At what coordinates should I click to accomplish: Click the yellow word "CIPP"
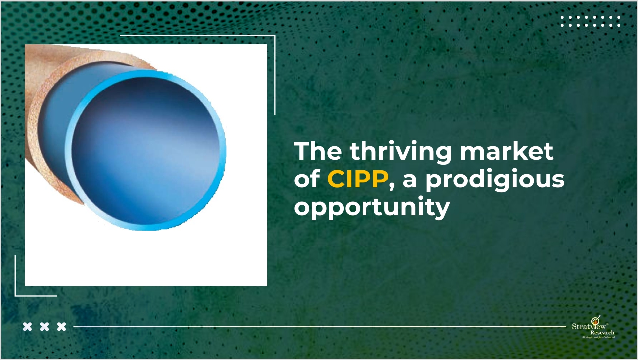pos(357,180)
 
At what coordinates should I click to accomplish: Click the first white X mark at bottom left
pos(28,327)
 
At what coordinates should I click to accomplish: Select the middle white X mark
pos(44,327)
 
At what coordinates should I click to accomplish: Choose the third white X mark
pos(61,327)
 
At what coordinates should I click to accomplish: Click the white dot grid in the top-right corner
pos(590,21)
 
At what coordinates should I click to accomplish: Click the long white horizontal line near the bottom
pos(318,327)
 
